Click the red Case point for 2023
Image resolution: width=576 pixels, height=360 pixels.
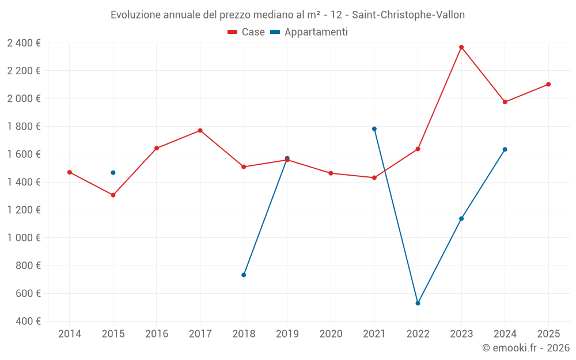pyautogui.click(x=461, y=47)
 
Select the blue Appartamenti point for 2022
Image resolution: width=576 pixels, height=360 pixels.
pyautogui.click(x=418, y=303)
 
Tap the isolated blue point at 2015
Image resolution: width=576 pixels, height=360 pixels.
pyautogui.click(x=113, y=173)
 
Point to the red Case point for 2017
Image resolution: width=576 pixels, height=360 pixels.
pyautogui.click(x=200, y=131)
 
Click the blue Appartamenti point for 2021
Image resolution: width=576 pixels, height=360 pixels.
pyautogui.click(x=374, y=129)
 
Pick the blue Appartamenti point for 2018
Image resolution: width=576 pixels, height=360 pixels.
pyautogui.click(x=244, y=275)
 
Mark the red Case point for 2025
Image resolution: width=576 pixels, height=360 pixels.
pyautogui.click(x=548, y=84)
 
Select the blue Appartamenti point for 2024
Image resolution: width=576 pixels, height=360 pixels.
pyautogui.click(x=505, y=149)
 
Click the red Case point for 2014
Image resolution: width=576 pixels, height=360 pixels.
pyautogui.click(x=70, y=172)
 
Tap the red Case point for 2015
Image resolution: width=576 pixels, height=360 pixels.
pyautogui.click(x=113, y=195)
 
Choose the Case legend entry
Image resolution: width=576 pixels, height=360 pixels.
pyautogui.click(x=246, y=32)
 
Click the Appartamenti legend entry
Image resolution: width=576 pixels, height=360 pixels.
pyautogui.click(x=309, y=32)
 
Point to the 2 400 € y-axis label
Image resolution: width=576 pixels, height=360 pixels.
pyautogui.click(x=24, y=43)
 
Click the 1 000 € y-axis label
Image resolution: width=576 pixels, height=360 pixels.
pyautogui.click(x=24, y=238)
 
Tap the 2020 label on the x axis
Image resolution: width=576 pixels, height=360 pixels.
pyautogui.click(x=331, y=334)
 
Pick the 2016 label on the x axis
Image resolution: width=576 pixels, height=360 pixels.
pyautogui.click(x=157, y=334)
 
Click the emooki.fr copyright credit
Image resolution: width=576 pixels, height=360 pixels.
pyautogui.click(x=525, y=348)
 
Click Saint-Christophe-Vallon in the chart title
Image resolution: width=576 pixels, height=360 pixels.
pyautogui.click(x=408, y=15)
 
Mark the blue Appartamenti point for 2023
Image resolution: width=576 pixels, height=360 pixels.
pyautogui.click(x=461, y=218)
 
